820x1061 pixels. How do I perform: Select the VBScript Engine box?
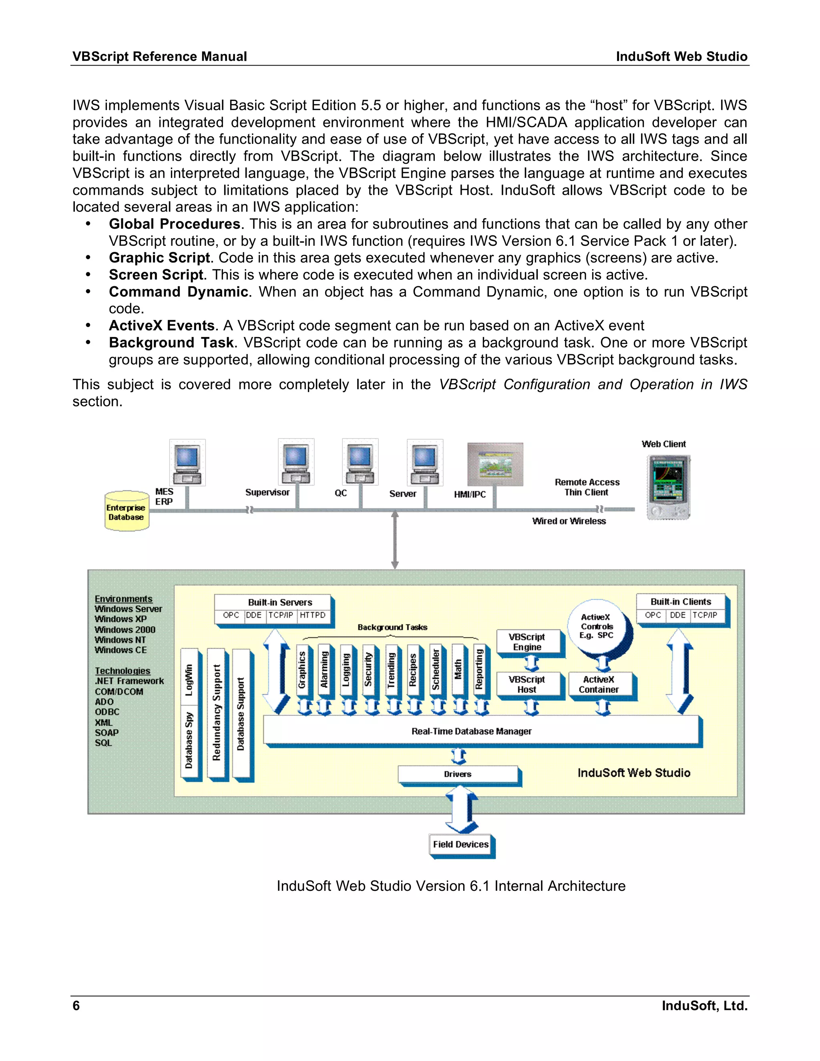point(528,642)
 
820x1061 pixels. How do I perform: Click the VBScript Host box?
point(528,685)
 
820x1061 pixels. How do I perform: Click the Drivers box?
point(457,774)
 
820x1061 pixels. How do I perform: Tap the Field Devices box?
point(460,844)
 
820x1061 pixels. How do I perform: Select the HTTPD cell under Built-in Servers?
point(313,615)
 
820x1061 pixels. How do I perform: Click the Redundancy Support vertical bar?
point(217,712)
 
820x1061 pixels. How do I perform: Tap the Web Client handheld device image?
point(668,487)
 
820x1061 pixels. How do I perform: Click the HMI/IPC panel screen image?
point(494,464)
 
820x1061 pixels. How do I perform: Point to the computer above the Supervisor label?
point(296,462)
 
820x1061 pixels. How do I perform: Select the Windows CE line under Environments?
point(121,650)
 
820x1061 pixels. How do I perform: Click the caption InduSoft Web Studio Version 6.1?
point(450,886)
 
